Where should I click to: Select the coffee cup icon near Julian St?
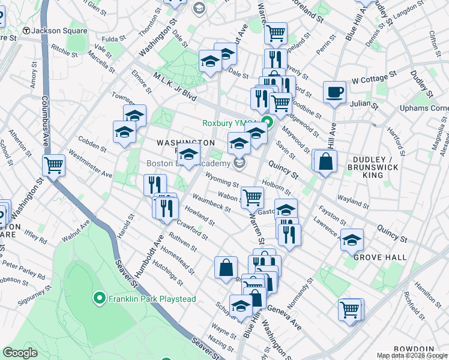[334, 92]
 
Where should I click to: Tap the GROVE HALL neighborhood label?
[379, 257]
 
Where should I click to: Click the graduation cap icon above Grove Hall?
[352, 239]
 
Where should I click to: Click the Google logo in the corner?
[20, 353]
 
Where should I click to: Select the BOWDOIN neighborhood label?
[413, 349]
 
